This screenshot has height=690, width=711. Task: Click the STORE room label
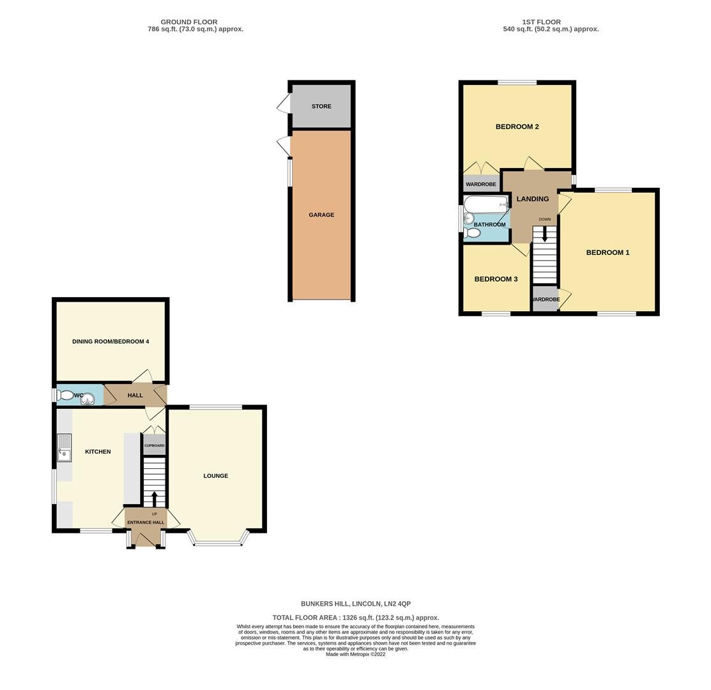pyautogui.click(x=321, y=106)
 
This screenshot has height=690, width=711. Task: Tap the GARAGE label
pyautogui.click(x=321, y=215)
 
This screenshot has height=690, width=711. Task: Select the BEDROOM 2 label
pyautogui.click(x=517, y=126)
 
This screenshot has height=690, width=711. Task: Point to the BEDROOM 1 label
pyautogui.click(x=608, y=252)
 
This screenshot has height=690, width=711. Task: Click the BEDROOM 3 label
pyautogui.click(x=496, y=279)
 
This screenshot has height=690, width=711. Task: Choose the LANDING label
pyautogui.click(x=532, y=199)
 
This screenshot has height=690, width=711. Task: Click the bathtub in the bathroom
pyautogui.click(x=485, y=204)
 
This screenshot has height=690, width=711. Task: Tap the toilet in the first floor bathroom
pyautogui.click(x=471, y=233)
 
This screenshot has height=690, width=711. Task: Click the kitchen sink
pyautogui.click(x=64, y=447)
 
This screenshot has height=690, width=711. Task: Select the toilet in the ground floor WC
pyautogui.click(x=65, y=395)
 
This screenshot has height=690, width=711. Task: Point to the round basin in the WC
pyautogui.click(x=88, y=399)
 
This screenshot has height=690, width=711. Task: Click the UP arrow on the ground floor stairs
pyautogui.click(x=154, y=497)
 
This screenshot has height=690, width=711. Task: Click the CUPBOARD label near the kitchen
pyautogui.click(x=154, y=445)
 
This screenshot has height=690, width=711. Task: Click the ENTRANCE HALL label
pyautogui.click(x=146, y=523)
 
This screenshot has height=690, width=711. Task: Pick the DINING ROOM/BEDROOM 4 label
pyautogui.click(x=111, y=342)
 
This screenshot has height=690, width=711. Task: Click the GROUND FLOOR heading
pyautogui.click(x=188, y=22)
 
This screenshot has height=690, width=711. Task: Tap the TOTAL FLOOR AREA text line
pyautogui.click(x=355, y=618)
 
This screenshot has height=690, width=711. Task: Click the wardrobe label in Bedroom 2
pyautogui.click(x=480, y=185)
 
